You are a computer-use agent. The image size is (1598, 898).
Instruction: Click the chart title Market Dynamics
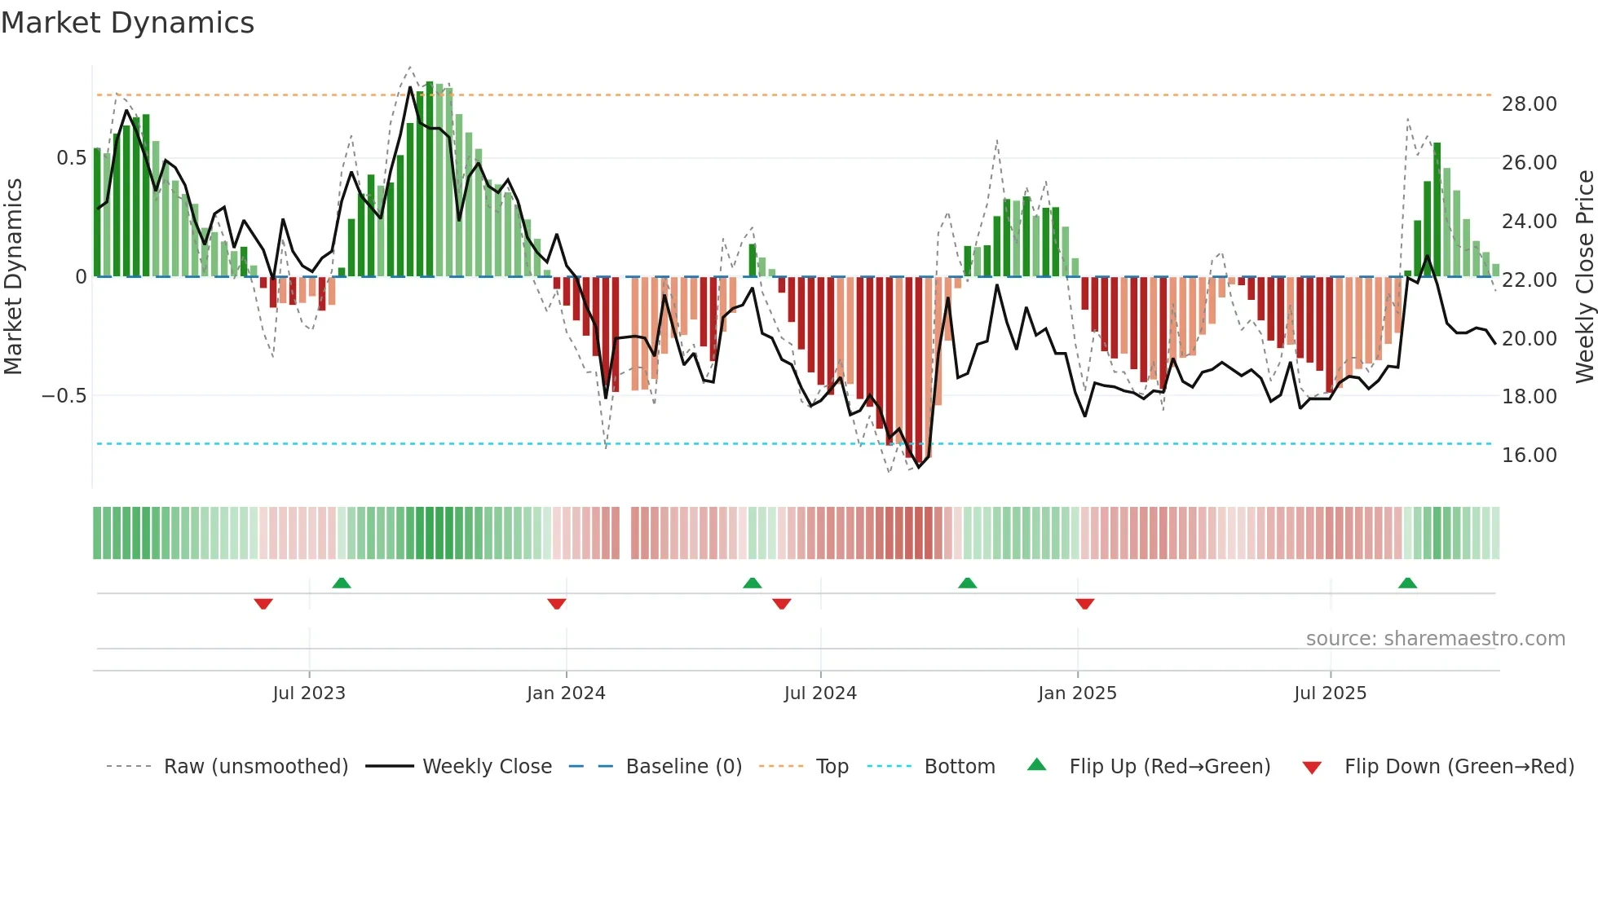pos(127,23)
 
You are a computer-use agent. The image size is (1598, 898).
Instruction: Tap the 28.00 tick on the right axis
pos(1529,104)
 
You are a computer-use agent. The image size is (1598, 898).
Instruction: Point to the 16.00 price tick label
pos(1529,456)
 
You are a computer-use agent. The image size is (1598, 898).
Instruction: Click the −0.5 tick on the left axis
pos(64,396)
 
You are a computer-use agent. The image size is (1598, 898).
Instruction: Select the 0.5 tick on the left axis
pos(71,158)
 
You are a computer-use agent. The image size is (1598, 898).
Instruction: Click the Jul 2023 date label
pos(309,693)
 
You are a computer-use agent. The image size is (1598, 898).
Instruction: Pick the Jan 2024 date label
pos(566,693)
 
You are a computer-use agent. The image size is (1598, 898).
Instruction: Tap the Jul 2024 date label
pos(820,693)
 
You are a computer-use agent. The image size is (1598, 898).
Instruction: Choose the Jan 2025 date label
pos(1077,693)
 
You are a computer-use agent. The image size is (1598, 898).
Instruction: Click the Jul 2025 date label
pos(1330,693)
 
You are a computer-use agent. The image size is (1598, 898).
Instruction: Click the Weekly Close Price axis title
pos(1584,277)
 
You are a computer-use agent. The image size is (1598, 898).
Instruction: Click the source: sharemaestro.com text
pos(1435,639)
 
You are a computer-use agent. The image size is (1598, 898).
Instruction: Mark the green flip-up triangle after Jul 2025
pos(1407,583)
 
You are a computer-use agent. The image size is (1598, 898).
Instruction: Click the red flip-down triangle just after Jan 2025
pos(1084,604)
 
